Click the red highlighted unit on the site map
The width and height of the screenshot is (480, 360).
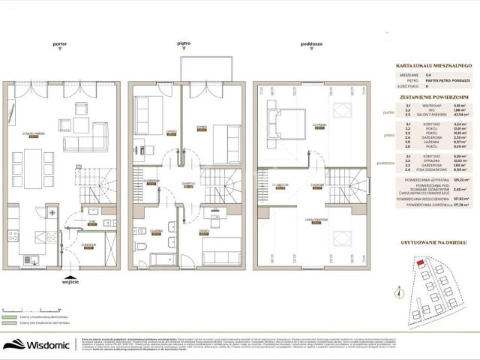[421, 263]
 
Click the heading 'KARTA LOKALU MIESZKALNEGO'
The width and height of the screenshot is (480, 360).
[433, 66]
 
